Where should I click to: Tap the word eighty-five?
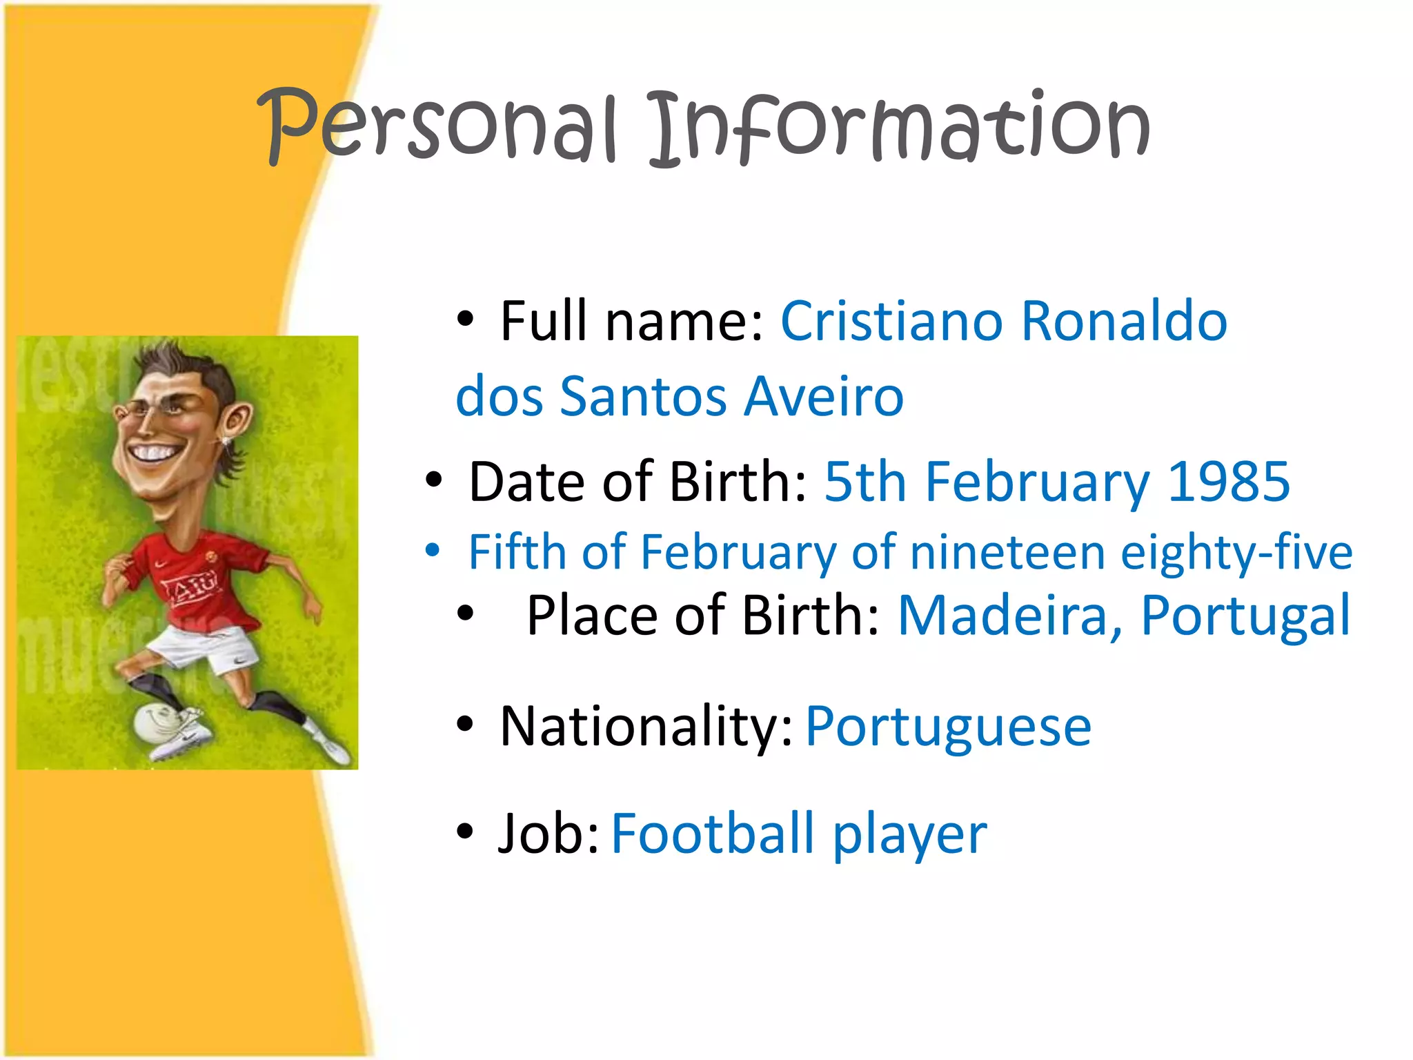[x=1236, y=553]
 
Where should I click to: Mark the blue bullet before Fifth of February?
[x=433, y=550]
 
